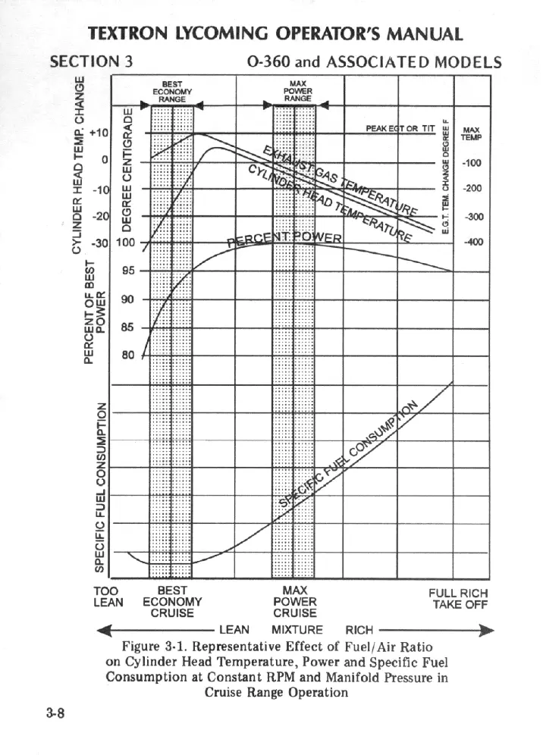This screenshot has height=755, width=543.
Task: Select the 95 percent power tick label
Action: click(127, 271)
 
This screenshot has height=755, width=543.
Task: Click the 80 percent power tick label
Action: click(127, 354)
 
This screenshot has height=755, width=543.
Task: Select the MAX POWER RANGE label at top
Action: click(293, 90)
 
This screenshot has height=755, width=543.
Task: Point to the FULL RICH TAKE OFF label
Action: click(458, 599)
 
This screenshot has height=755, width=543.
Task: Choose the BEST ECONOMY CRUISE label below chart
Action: click(171, 602)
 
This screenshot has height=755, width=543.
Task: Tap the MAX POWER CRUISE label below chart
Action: click(294, 602)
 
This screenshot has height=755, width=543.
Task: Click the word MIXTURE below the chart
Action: click(297, 630)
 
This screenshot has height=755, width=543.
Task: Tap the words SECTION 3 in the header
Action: click(91, 61)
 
